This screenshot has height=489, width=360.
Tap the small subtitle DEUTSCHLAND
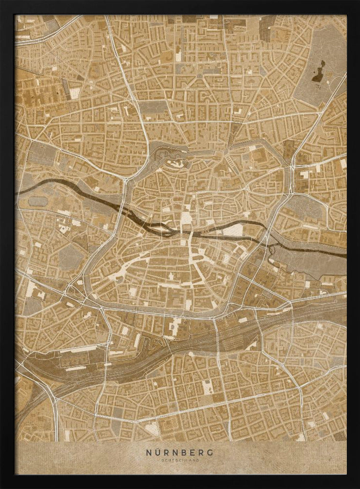(180, 461)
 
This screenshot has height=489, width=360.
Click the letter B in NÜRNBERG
(183, 452)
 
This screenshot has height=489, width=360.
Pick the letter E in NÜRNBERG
(192, 452)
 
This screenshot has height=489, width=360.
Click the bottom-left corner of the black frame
(4, 485)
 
